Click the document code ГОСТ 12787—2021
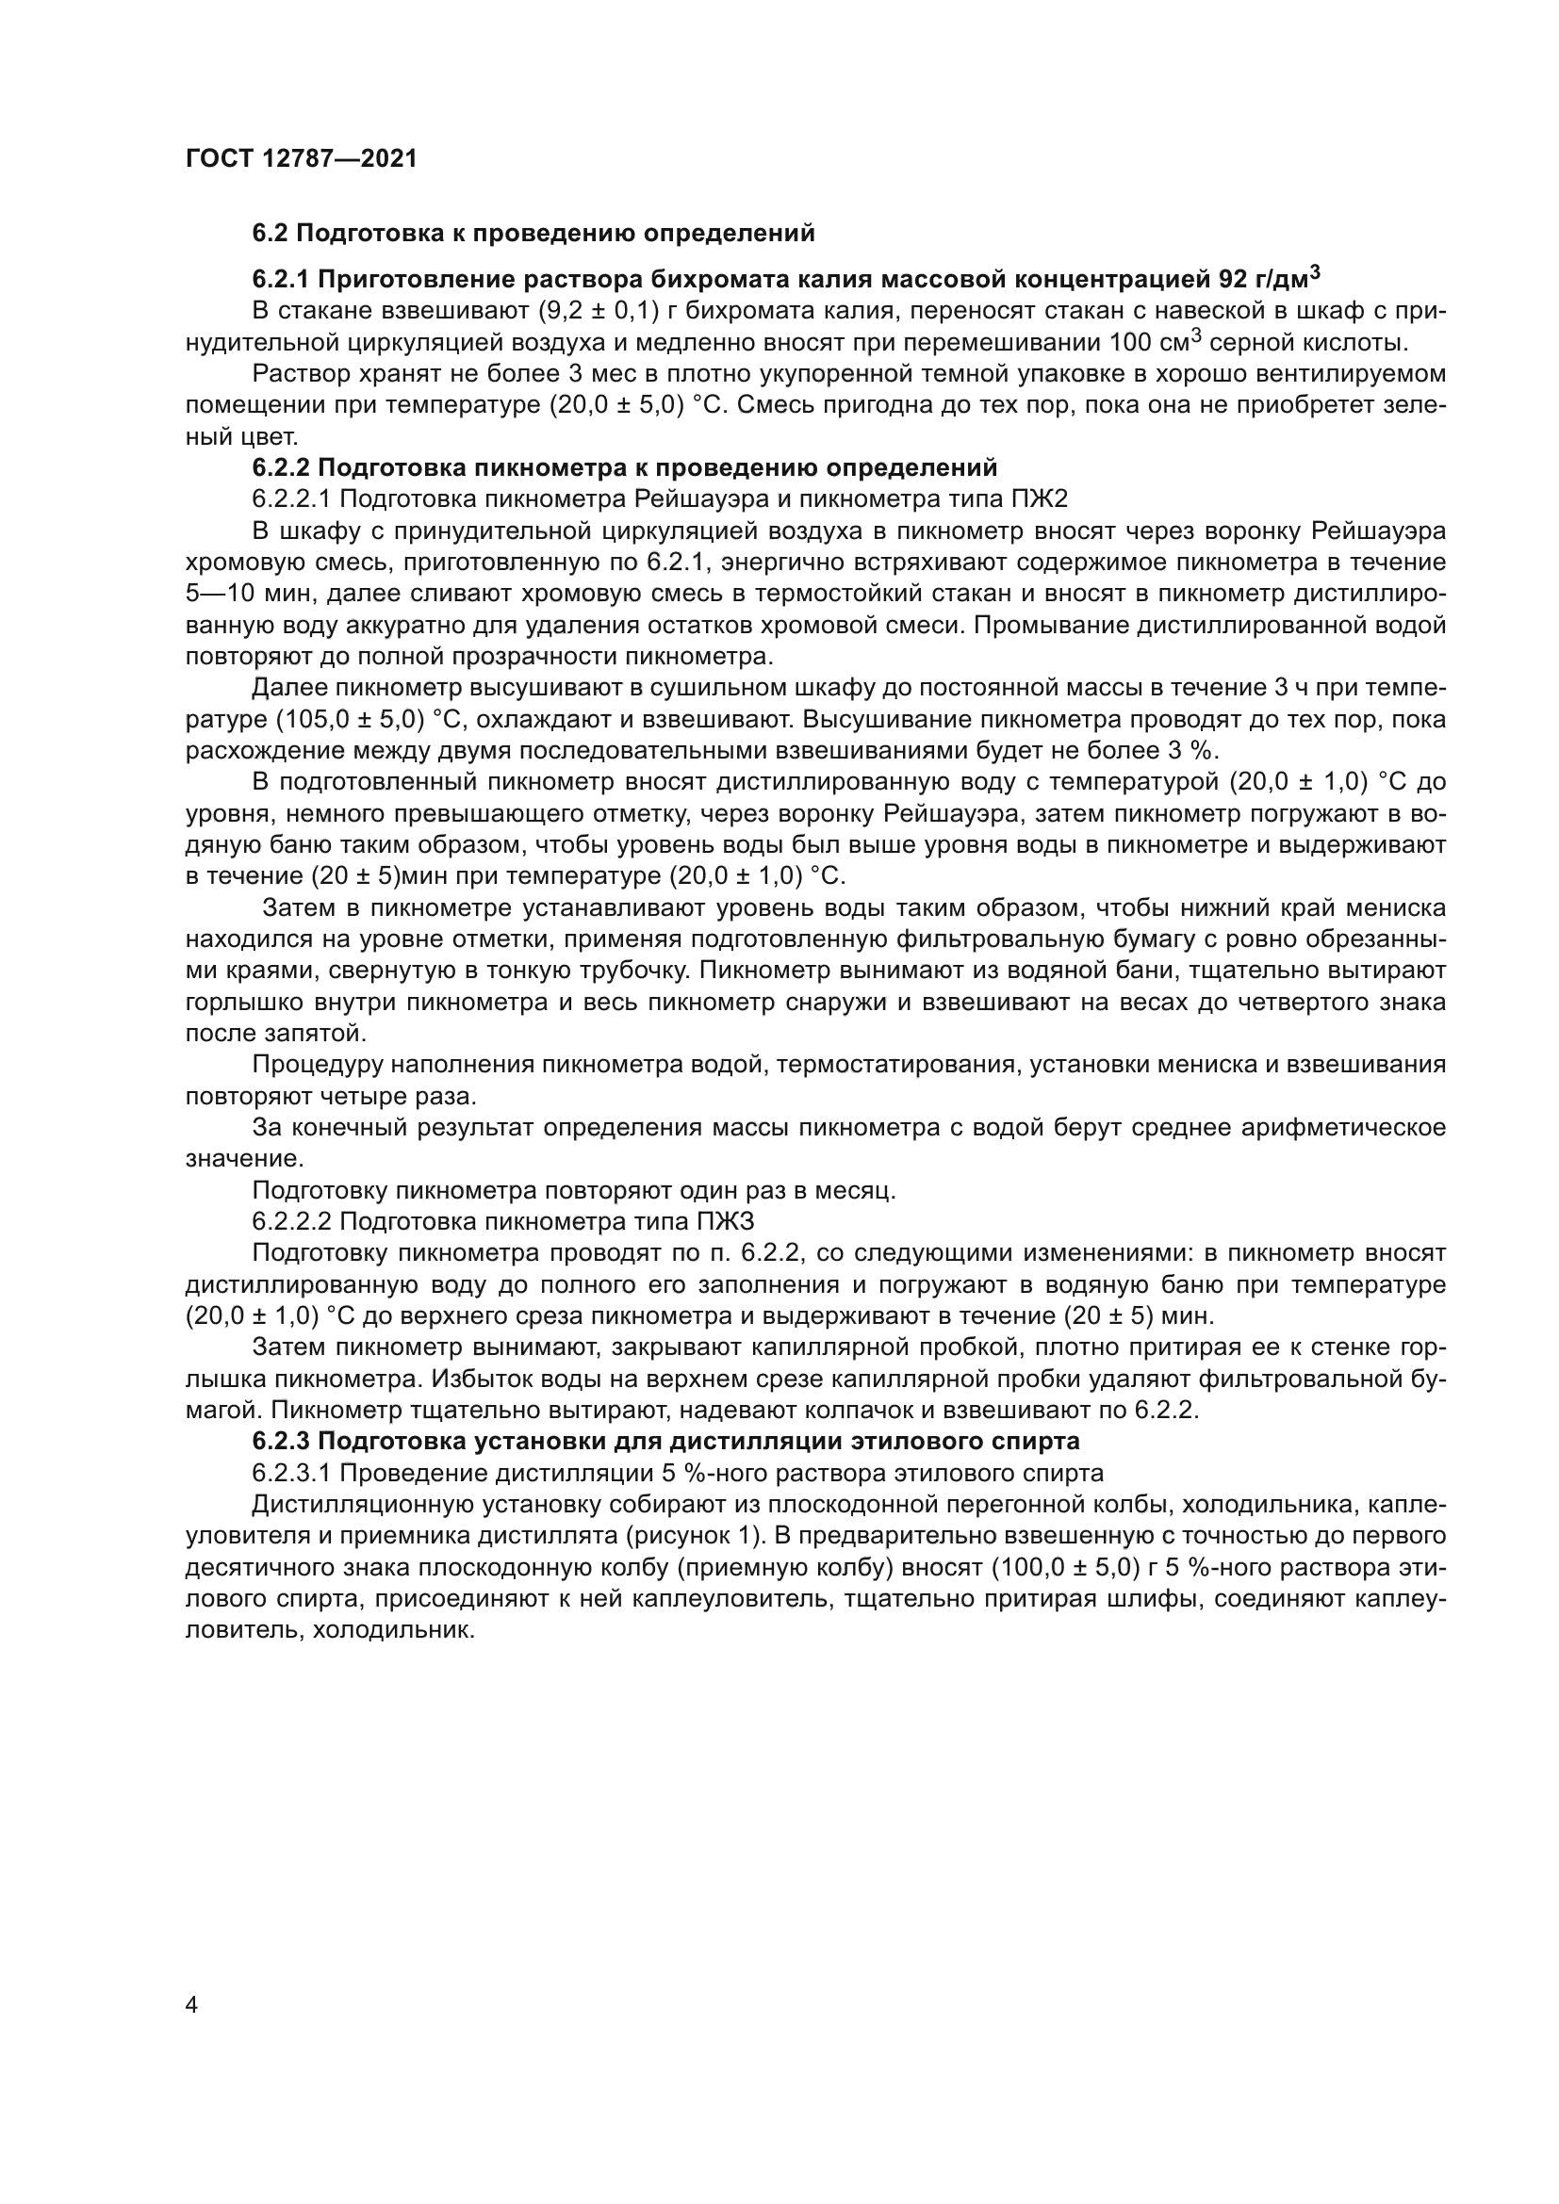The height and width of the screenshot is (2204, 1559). [x=302, y=158]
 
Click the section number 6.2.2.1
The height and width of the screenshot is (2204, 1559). [x=291, y=499]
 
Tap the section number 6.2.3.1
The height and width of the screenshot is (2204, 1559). [x=291, y=1474]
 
